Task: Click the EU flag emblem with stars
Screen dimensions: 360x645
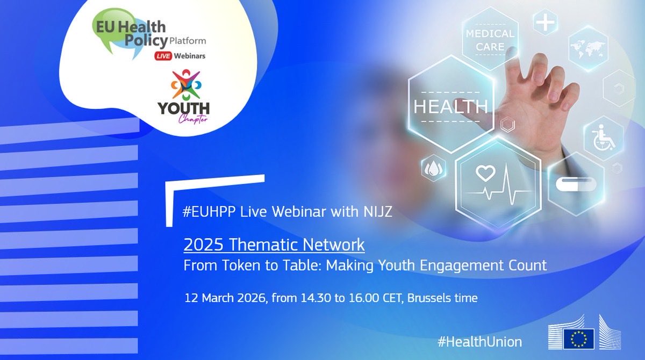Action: click(578, 339)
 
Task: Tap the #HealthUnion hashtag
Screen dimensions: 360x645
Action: click(479, 341)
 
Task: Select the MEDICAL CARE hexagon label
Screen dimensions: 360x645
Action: click(490, 39)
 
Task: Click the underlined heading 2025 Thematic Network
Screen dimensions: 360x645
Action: click(274, 245)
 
